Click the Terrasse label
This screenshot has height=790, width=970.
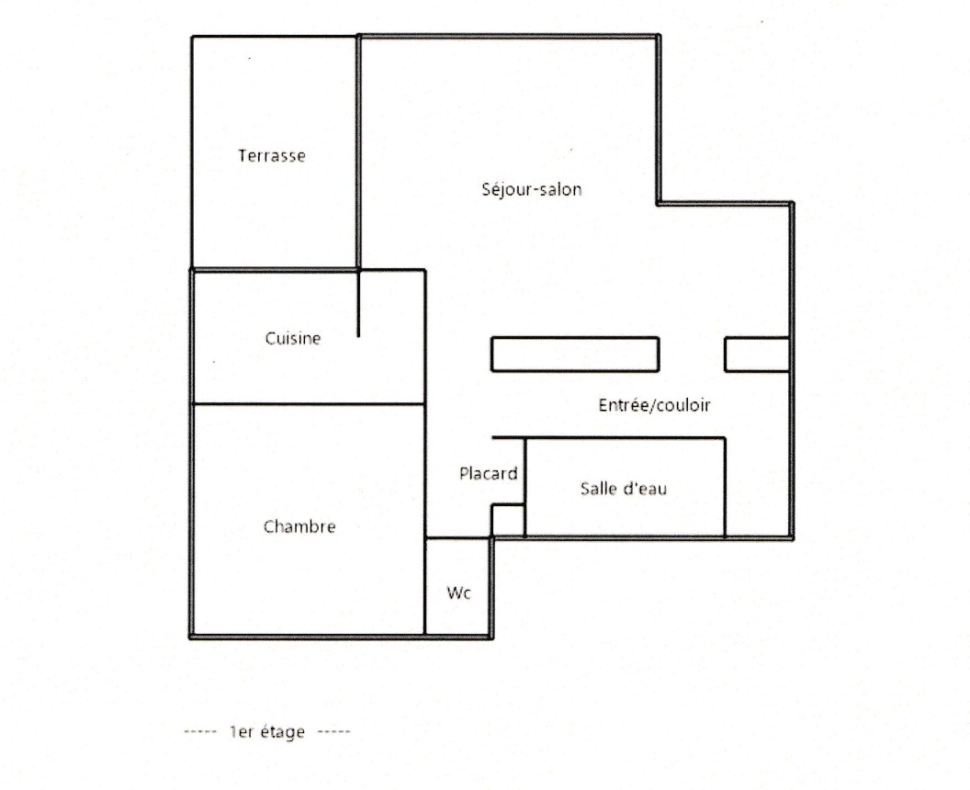[272, 155]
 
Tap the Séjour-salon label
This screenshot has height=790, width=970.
[532, 188]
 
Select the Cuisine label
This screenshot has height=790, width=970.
[293, 338]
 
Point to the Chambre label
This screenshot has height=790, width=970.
[299, 526]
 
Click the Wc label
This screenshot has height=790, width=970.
[459, 592]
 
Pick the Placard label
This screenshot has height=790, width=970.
[488, 473]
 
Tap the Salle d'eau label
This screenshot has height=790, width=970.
[624, 488]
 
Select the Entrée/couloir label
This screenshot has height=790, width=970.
[654, 404]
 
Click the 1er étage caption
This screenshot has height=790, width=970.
[267, 732]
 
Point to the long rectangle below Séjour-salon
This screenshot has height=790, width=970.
[575, 354]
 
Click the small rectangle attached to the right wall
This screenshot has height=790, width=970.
[757, 354]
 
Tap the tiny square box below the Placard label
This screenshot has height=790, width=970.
[508, 520]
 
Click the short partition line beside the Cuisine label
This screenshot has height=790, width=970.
[358, 303]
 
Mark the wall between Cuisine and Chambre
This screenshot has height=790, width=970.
[308, 404]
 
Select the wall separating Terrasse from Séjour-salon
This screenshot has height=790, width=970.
[358, 152]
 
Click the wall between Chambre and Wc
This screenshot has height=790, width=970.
[425, 586]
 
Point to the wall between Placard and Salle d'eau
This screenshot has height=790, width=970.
[524, 487]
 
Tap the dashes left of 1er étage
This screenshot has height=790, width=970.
[200, 732]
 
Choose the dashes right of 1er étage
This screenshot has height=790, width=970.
[334, 732]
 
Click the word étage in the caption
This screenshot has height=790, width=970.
[283, 732]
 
